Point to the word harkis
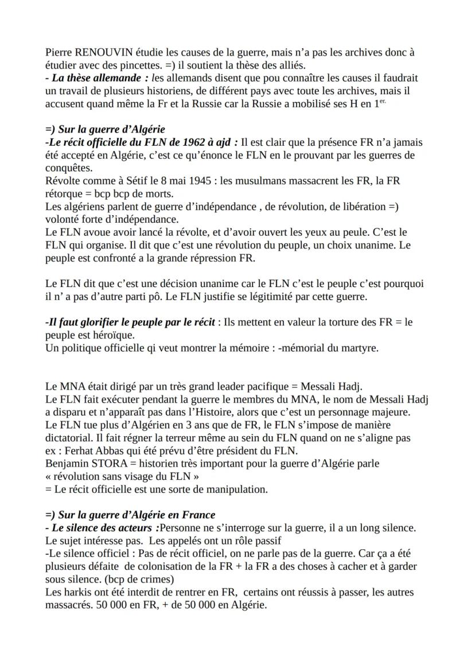point(74,592)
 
